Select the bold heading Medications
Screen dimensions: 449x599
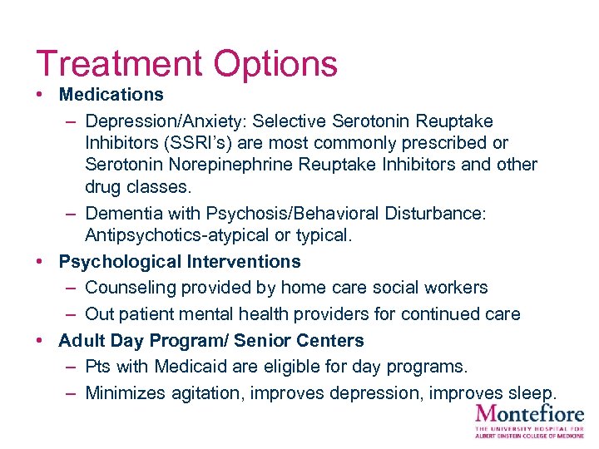tap(111, 95)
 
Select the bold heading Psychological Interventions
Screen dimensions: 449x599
tap(179, 262)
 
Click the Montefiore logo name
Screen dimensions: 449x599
tap(529, 413)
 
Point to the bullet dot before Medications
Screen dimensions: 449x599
tap(40, 95)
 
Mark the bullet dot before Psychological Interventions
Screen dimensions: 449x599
tap(40, 262)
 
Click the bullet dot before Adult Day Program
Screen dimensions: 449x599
tap(40, 340)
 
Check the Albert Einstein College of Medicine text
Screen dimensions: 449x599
tap(529, 435)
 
